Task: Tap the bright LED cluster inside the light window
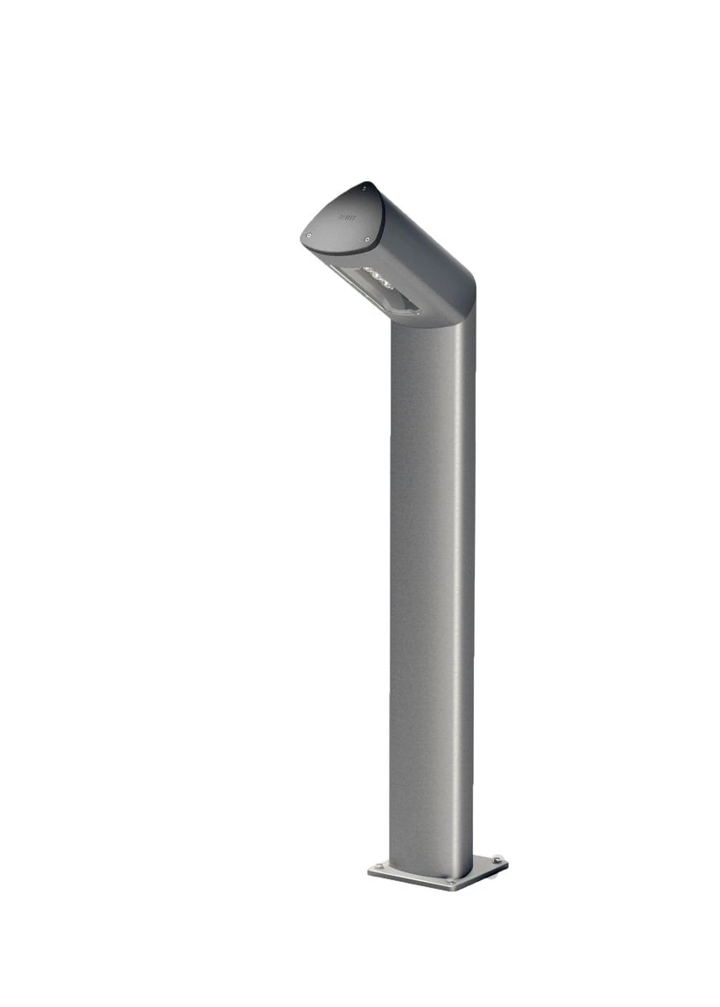click(382, 278)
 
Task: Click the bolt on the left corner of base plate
click(377, 867)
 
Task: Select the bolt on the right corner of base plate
click(497, 859)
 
